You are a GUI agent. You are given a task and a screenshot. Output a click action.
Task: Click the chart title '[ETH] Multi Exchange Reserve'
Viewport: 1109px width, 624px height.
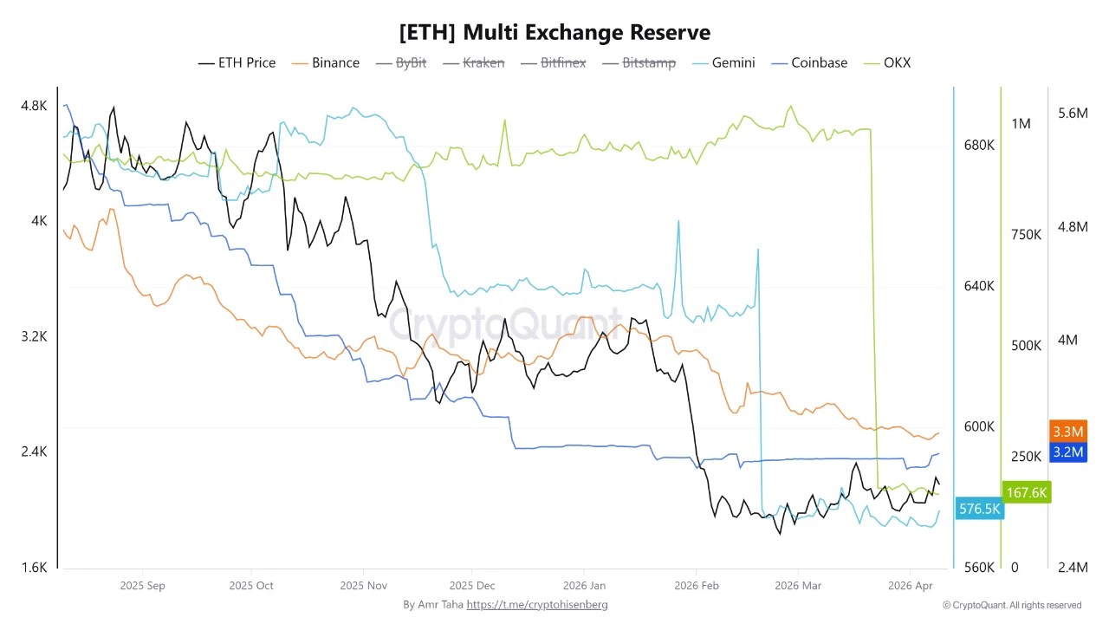point(554,32)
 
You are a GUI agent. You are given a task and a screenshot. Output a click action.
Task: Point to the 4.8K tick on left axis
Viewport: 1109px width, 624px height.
point(34,106)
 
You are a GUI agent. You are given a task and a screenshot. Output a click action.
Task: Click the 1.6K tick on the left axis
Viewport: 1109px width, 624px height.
point(34,568)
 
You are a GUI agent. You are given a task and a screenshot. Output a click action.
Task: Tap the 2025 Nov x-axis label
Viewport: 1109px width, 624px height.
point(364,586)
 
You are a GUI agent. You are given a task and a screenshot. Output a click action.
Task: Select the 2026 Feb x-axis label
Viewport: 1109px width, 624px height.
point(697,586)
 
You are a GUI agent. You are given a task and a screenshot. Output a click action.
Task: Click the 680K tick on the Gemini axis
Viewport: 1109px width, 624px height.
point(979,145)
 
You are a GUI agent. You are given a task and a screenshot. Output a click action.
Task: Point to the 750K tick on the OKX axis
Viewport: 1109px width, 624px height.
point(1026,235)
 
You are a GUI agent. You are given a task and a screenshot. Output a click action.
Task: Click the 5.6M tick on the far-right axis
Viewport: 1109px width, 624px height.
point(1073,114)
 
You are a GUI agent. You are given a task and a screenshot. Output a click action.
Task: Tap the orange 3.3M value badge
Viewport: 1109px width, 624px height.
point(1067,431)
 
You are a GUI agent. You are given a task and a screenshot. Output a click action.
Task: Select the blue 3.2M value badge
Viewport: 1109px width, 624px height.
point(1067,452)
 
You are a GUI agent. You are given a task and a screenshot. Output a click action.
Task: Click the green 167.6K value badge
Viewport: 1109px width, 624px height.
point(1027,492)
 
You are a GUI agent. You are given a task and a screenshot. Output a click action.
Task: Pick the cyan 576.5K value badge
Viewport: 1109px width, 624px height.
point(979,509)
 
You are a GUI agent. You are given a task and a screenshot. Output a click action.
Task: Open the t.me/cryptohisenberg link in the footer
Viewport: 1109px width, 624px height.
point(537,604)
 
